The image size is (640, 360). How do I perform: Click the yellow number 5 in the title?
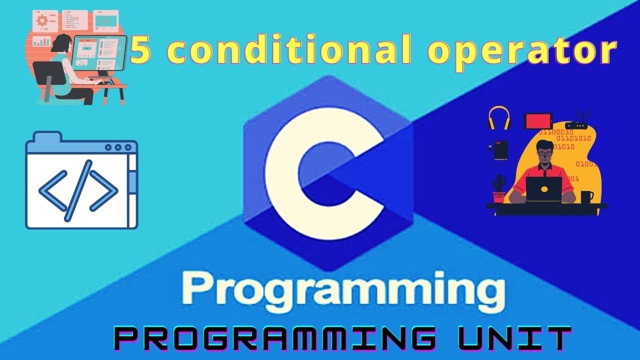click(140, 51)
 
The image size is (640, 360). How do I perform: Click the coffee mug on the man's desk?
click(586, 196)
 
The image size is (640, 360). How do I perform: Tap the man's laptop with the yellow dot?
click(544, 189)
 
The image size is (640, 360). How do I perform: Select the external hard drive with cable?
click(500, 150)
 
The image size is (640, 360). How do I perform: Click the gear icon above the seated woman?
click(42, 20)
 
